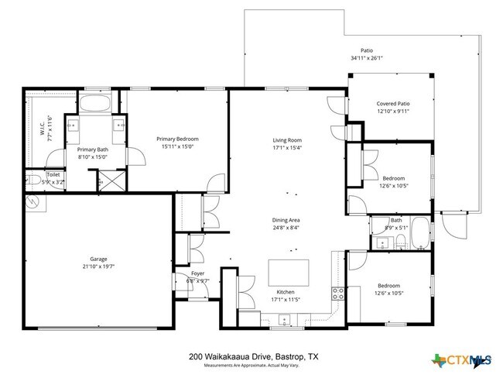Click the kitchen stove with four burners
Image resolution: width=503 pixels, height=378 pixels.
click(x=338, y=293)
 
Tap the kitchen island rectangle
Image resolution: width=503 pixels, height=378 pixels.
click(x=288, y=273)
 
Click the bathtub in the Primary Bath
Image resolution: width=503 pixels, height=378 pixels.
click(x=97, y=104)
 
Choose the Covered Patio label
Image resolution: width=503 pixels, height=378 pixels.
click(x=392, y=104)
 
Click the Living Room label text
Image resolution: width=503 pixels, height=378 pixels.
click(x=286, y=140)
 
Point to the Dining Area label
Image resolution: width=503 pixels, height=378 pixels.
click(x=286, y=220)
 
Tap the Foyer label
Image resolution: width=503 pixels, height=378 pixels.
click(x=197, y=273)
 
